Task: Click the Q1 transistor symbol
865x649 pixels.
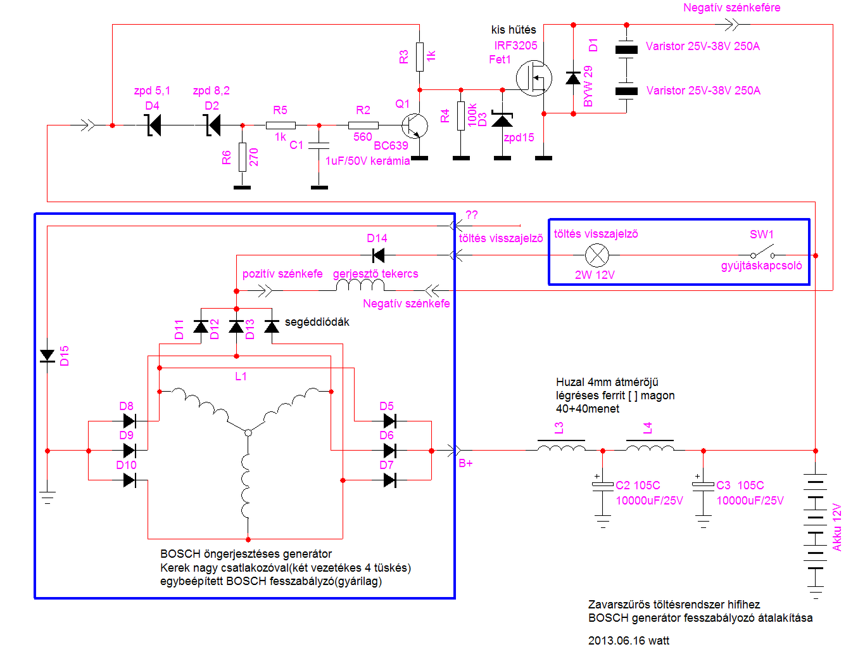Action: (414, 125)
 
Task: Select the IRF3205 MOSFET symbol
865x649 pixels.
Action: (533, 79)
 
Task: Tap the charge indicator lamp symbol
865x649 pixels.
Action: (597, 255)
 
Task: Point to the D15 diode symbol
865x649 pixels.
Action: (47, 356)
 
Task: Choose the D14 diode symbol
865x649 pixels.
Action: (379, 255)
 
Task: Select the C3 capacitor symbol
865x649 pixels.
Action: (703, 485)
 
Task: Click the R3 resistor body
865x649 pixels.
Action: (420, 56)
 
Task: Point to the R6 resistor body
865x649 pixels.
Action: (243, 157)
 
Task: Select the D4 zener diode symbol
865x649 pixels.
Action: (153, 125)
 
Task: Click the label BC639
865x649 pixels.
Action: (391, 146)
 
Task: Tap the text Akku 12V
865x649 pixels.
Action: (837, 527)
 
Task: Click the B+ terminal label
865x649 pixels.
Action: (465, 463)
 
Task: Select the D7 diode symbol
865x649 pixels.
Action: (389, 480)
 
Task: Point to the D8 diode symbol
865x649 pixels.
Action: (129, 421)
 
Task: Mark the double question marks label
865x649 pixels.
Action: (472, 215)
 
